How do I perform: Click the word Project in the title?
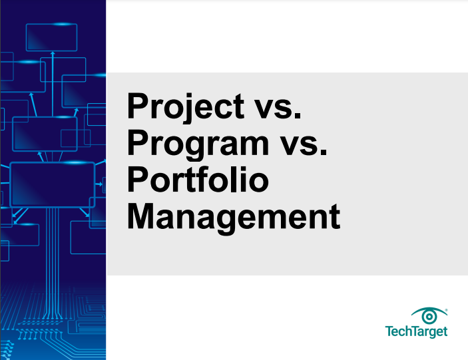(x=186, y=107)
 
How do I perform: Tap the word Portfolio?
(x=198, y=180)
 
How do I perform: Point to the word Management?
(x=234, y=217)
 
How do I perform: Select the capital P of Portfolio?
(x=138, y=179)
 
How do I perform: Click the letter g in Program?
(x=191, y=148)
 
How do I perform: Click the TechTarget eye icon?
(x=429, y=315)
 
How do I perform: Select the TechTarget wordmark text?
(x=416, y=331)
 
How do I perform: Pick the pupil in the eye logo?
(x=429, y=317)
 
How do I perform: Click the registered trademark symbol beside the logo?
(x=446, y=310)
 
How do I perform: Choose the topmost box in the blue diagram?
(x=52, y=37)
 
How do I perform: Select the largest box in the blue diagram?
(x=53, y=184)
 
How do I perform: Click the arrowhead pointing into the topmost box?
(x=53, y=53)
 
